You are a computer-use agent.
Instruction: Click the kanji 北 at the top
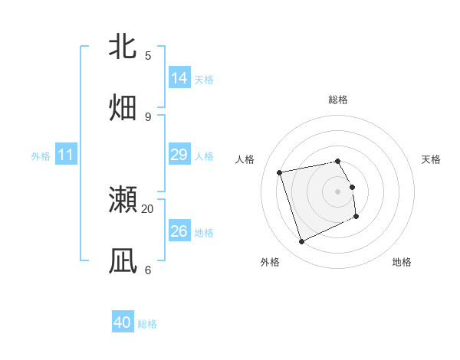tap(123, 47)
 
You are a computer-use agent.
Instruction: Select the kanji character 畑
tap(123, 107)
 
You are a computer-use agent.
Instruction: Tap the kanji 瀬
tap(123, 200)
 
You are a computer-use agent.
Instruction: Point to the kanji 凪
tap(123, 261)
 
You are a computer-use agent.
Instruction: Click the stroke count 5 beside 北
tap(148, 55)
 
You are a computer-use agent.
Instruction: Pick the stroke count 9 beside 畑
tap(148, 116)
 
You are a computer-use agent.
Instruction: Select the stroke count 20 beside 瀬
tap(148, 208)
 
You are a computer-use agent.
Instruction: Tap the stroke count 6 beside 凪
tap(148, 270)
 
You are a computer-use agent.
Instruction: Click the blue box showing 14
tap(179, 77)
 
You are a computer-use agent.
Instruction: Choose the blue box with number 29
tap(179, 155)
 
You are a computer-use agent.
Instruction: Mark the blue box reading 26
tap(179, 231)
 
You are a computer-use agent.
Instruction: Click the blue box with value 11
tap(66, 155)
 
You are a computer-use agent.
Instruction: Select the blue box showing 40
tap(123, 322)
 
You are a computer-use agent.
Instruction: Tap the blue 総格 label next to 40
tap(147, 324)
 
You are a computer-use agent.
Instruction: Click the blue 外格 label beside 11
tap(41, 156)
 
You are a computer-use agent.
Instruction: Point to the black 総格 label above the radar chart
tap(338, 100)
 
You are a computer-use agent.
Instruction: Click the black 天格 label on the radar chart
tap(431, 159)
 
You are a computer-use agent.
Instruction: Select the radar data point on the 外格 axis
tap(301, 242)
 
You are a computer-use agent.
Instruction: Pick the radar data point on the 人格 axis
tap(280, 172)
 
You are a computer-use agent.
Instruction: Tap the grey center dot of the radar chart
tap(338, 191)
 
